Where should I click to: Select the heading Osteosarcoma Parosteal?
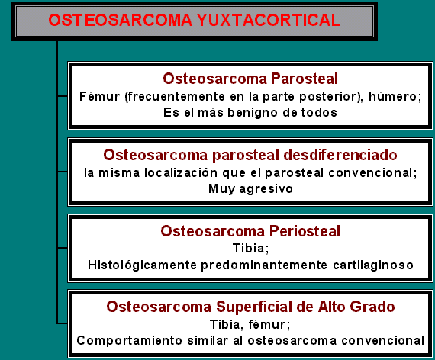[x=250, y=79]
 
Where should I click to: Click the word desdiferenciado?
[x=333, y=154]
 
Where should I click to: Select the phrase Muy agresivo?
[x=250, y=188]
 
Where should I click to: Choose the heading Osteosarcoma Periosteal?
[x=250, y=231]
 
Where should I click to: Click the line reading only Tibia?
[x=250, y=249]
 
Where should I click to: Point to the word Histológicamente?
[x=137, y=265]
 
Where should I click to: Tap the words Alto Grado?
[x=357, y=307]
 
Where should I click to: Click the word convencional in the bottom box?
[x=385, y=340]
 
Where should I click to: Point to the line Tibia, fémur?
[x=250, y=324]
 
